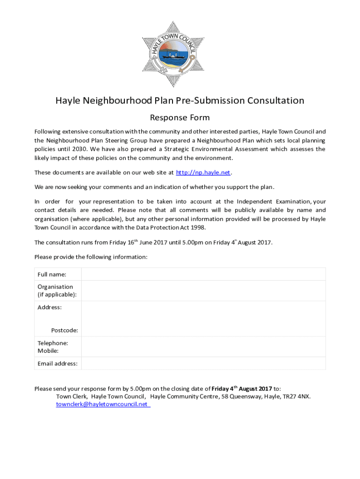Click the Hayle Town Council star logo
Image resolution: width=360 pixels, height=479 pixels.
[173, 54]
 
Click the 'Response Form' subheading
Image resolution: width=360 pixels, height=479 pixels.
[180, 117]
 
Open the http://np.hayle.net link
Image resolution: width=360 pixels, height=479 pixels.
[203, 173]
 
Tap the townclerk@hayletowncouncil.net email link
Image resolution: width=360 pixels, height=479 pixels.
[102, 404]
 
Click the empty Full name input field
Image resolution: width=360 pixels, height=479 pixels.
[203, 274]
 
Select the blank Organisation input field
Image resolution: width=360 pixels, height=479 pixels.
[203, 290]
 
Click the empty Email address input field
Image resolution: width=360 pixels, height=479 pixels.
[203, 363]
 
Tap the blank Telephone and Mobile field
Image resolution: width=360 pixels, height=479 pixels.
[203, 347]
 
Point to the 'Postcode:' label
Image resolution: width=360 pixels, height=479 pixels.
[65, 330]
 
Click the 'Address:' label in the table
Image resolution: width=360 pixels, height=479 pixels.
[50, 307]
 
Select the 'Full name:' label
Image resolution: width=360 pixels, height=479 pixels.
[52, 275]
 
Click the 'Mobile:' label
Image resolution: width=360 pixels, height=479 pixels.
[48, 351]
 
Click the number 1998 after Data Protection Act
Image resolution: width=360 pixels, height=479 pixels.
[197, 227]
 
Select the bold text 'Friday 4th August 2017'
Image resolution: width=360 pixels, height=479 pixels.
[242, 389]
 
